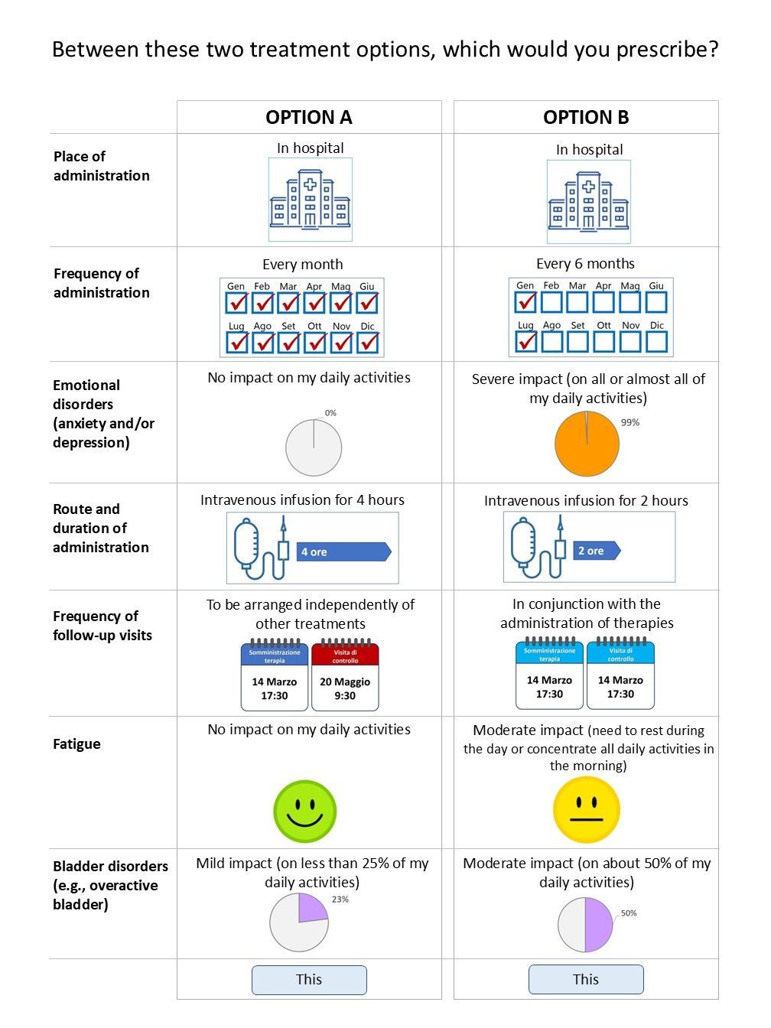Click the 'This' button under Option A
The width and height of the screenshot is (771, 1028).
coord(309,980)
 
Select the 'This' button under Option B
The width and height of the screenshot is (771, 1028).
coord(586,980)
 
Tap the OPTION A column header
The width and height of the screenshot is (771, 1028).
coord(309,117)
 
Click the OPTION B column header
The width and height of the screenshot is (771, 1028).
coord(586,117)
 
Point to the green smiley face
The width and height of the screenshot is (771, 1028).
coord(305,812)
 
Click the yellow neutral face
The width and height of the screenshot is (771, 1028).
coord(587,810)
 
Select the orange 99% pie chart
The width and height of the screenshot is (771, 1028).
coord(587,444)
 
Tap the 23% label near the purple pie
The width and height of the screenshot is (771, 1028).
coord(340,899)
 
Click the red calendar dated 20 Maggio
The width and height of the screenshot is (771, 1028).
coord(345,675)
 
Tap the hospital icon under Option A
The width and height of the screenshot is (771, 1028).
coord(310,200)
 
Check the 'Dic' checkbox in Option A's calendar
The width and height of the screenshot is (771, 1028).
coord(368,341)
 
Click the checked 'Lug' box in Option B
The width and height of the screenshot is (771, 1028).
coord(525,340)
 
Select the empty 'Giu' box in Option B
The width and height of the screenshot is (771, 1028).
coord(656,302)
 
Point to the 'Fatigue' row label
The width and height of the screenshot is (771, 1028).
coord(76,744)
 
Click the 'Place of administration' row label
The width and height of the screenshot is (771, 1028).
coord(101,166)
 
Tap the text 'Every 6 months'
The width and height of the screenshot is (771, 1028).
coord(585,264)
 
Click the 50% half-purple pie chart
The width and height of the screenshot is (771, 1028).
coord(585,925)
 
